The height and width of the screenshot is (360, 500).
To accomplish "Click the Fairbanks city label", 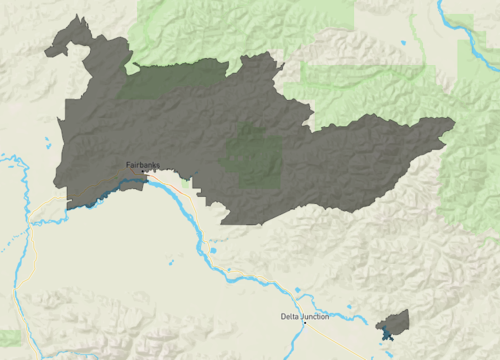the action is click(142, 165).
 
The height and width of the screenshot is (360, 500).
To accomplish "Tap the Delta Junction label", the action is click(304, 317).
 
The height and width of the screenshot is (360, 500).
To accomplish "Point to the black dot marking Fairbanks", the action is click(148, 172).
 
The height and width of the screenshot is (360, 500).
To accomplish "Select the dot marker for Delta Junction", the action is click(304, 323).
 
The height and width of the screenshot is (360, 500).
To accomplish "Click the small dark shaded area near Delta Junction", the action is click(394, 322).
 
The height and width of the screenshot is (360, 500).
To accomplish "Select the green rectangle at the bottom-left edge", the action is click(9, 337).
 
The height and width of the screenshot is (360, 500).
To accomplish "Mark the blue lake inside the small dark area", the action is click(386, 330).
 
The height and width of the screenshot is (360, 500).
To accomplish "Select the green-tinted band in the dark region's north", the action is click(170, 80).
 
